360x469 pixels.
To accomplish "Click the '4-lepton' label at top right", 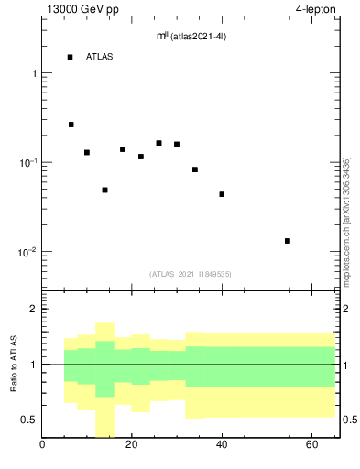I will pyautogui.click(x=318, y=9).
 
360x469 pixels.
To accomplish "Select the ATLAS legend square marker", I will pyautogui.click(x=71, y=57).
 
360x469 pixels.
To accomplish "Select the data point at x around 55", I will pyautogui.click(x=288, y=241).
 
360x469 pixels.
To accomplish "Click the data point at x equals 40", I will pyautogui.click(x=222, y=194).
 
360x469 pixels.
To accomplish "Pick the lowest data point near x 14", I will pyautogui.click(x=104, y=190).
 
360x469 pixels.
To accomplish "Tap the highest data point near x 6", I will pyautogui.click(x=71, y=125).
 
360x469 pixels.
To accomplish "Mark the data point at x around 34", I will pyautogui.click(x=195, y=169).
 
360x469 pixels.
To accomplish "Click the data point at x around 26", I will pyautogui.click(x=158, y=143).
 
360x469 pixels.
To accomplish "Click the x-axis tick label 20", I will pyautogui.click(x=132, y=446).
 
